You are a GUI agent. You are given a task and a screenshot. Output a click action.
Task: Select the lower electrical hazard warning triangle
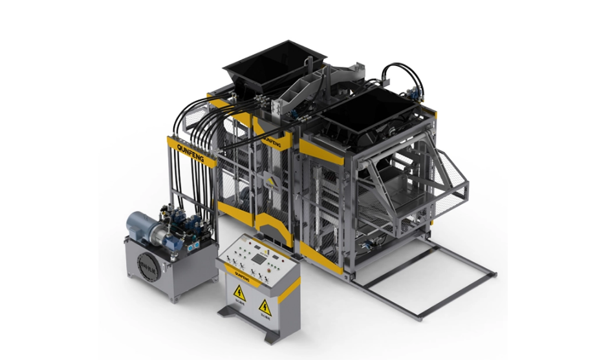pyautogui.click(x=264, y=306)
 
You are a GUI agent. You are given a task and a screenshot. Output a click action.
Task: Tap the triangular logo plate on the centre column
pyautogui.click(x=269, y=182)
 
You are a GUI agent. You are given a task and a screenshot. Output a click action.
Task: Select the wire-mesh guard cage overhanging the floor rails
pyautogui.click(x=446, y=184)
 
